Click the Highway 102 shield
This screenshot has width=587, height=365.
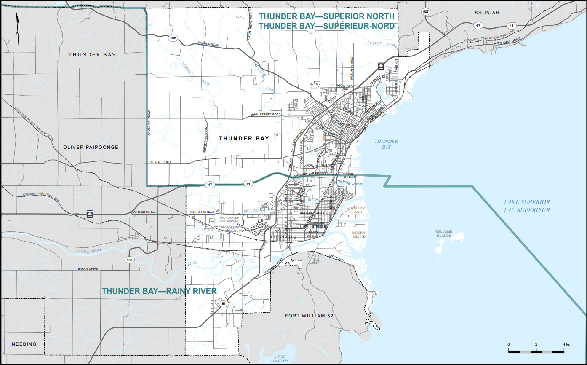point(173,38)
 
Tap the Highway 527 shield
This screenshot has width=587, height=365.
point(426,12)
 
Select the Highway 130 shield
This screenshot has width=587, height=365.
point(130,260)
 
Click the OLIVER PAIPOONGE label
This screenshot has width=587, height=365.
point(91,147)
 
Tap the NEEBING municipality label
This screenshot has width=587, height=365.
point(24,344)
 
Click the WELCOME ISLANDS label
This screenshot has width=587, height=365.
point(444,233)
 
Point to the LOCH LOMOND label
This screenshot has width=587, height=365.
point(278,358)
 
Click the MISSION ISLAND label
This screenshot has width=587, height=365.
point(359,235)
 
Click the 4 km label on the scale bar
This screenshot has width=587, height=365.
point(566,344)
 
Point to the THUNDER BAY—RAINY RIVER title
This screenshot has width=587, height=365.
point(159,291)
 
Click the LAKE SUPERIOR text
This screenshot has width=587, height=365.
point(527,202)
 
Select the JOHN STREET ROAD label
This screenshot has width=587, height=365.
point(266,115)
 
